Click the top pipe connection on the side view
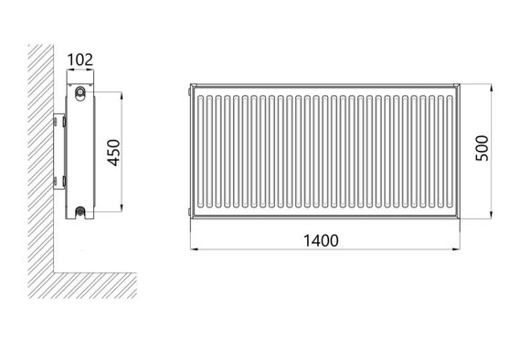pos(82,92)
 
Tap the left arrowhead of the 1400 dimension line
pos(192,249)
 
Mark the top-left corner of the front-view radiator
pos(188,84)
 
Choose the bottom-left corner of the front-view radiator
pos(188,217)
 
